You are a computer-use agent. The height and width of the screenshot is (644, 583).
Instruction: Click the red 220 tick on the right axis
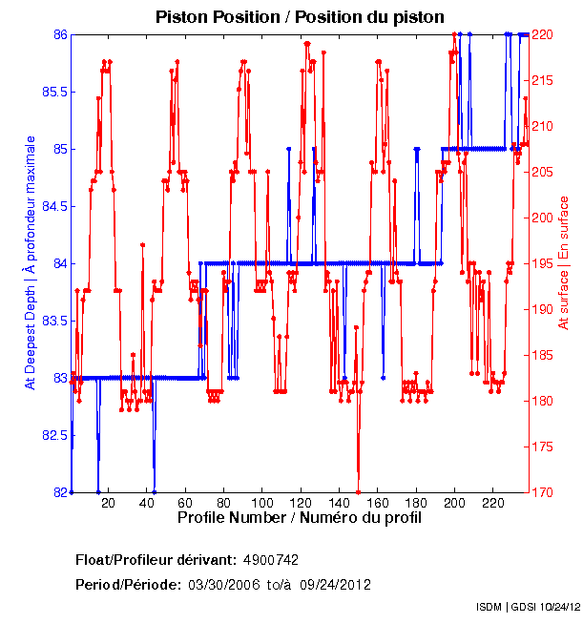click(x=543, y=34)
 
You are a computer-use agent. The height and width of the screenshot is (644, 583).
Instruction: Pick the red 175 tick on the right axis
click(x=543, y=447)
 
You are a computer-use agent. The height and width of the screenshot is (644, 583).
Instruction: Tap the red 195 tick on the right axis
click(x=543, y=263)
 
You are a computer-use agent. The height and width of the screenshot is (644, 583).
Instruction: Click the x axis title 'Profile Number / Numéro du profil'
click(x=300, y=517)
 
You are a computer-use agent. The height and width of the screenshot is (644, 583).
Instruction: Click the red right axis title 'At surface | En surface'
click(x=564, y=263)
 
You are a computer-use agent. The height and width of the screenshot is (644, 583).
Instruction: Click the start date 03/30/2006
click(x=223, y=584)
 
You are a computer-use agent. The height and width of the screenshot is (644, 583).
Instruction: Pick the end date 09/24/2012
click(x=335, y=584)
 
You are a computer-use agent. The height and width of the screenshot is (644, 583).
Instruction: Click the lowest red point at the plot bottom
click(x=358, y=491)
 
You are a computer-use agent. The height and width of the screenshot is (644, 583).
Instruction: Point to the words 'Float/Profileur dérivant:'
click(x=156, y=559)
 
